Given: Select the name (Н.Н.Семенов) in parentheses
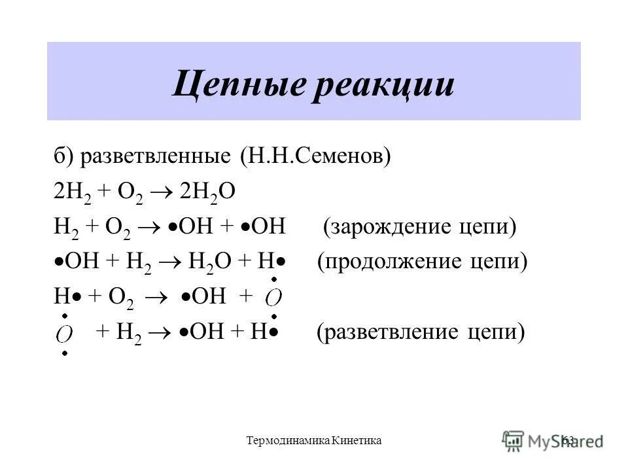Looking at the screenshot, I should coord(315,157).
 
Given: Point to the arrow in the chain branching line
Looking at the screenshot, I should coord(161,333).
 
